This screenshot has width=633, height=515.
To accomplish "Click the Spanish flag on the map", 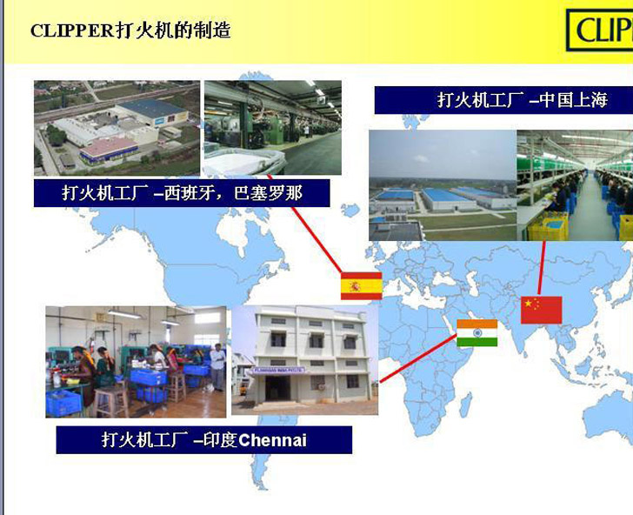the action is click(x=362, y=286).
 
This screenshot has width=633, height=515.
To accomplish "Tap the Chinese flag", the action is click(x=542, y=310).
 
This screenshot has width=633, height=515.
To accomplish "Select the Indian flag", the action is click(x=476, y=333).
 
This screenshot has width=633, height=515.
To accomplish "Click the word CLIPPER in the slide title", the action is click(x=73, y=30).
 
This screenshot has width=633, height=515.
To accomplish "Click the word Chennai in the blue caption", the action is click(x=272, y=440).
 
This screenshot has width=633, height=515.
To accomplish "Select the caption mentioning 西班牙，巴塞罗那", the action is click(x=182, y=193).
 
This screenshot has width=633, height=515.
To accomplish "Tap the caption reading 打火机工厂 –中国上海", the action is click(x=503, y=100).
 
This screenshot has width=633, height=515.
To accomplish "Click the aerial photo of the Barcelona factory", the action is click(x=117, y=128).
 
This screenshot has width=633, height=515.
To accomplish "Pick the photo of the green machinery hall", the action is click(x=273, y=128).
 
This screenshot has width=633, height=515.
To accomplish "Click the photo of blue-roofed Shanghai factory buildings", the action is click(x=443, y=185).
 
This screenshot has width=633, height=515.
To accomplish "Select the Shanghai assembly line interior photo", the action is click(x=575, y=185).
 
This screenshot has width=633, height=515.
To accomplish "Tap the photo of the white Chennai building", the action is click(x=305, y=360).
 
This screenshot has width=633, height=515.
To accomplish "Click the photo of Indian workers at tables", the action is click(x=136, y=362).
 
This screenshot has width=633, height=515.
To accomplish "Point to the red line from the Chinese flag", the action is click(x=542, y=268).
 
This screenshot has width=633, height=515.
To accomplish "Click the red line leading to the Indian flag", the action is click(x=418, y=358).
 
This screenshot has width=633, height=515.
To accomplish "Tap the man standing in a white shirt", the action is click(x=217, y=367).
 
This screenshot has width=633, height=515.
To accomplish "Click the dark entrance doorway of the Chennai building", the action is click(x=277, y=388).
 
